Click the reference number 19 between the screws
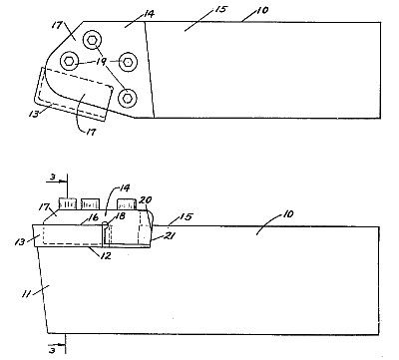[x=102, y=61]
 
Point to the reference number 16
[x=94, y=217]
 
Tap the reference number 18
[x=120, y=215]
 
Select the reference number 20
[x=145, y=200]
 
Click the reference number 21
[x=170, y=235]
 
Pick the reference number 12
[x=106, y=255]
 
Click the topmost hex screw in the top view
[x=92, y=40]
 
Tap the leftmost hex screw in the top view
[x=69, y=61]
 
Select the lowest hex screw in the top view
[x=128, y=98]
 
